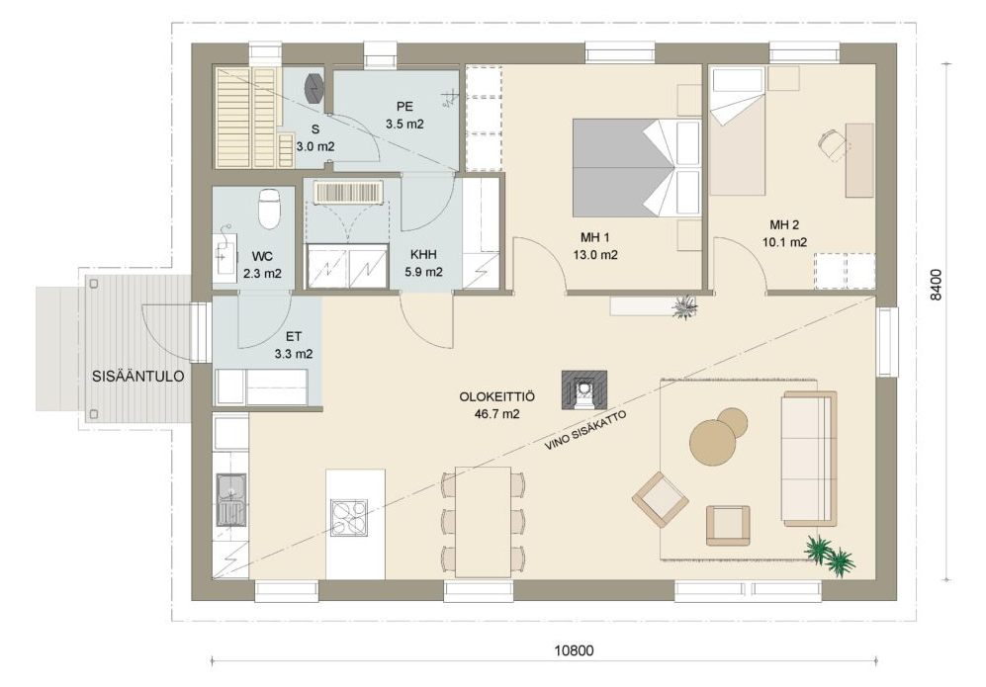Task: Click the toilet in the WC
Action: coord(269,209)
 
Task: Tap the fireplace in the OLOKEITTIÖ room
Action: coord(584,389)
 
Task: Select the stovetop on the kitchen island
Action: coord(349,517)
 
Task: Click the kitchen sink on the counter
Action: coord(230,499)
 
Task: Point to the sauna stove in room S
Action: coord(314,87)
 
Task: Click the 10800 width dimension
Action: coord(573,650)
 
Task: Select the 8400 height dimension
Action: coord(937,285)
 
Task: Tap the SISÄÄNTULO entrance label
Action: coord(138,377)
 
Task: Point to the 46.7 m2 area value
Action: coord(496,414)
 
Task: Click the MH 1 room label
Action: coord(595,237)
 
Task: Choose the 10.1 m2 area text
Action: coord(784,242)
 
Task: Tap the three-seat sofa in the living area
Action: coord(809,459)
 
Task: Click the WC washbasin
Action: coord(225,253)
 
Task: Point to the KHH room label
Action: coord(423,255)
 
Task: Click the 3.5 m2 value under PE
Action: coord(404,124)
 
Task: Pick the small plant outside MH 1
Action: coord(683,307)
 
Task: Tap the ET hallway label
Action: coord(293,337)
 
